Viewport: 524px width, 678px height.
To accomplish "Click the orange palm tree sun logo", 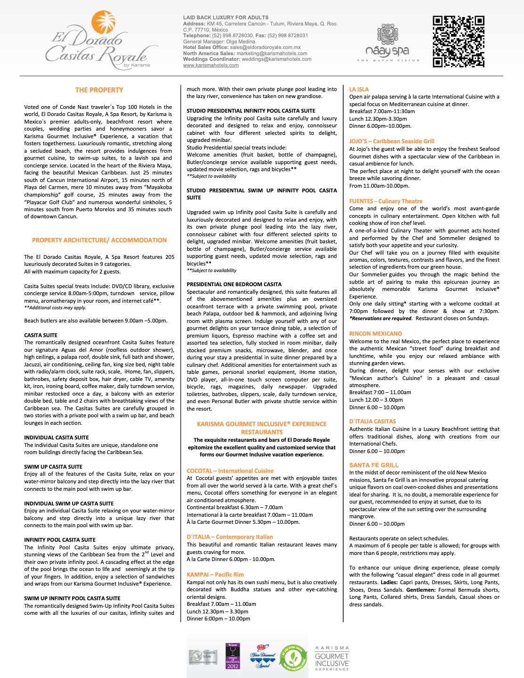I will (103, 22).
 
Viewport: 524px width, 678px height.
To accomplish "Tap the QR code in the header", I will (458, 41).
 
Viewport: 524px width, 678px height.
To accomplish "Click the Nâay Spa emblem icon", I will (387, 35).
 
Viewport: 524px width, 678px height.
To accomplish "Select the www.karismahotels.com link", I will (211, 66).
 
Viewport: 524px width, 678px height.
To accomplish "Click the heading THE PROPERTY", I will (99, 90).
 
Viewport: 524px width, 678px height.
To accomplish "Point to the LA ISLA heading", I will (359, 89).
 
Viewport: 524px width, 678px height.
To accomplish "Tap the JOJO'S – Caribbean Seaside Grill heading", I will (392, 141).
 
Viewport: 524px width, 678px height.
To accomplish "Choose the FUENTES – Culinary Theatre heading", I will (385, 201).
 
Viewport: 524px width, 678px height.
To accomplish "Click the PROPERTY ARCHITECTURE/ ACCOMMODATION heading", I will (99, 240).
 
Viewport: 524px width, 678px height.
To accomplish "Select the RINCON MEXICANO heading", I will (375, 334).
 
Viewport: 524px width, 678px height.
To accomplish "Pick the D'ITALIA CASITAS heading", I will (372, 422).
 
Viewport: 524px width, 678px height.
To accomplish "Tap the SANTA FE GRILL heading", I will (374, 465).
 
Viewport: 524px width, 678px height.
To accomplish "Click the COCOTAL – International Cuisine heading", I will (230, 471).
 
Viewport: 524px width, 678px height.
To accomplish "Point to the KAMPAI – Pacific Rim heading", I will (215, 575).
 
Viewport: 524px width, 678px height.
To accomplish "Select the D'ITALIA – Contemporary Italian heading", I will (229, 537).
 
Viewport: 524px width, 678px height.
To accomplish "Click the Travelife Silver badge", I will (203, 657).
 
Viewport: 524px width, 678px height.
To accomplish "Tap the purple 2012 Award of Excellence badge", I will (232, 656).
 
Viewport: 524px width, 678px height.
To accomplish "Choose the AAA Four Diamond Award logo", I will (263, 656).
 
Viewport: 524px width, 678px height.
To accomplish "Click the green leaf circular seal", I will (293, 657).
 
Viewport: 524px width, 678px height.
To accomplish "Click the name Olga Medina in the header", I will (240, 41).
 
